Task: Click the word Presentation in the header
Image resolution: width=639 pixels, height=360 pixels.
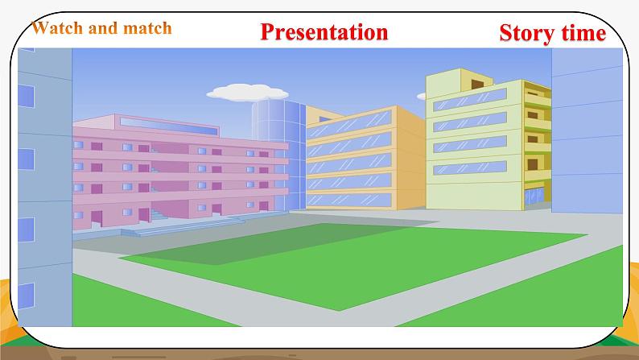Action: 324,31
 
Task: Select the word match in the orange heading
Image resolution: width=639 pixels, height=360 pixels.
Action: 147,28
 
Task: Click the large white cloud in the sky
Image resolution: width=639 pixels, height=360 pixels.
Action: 247,93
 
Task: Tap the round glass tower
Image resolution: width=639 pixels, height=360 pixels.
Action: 278,155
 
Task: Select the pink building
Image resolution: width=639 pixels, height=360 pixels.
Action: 179,172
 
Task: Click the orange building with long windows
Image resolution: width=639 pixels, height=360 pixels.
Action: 365,158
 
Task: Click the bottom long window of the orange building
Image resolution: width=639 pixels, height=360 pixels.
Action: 348,200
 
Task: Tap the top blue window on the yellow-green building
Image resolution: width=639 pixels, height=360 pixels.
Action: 470,100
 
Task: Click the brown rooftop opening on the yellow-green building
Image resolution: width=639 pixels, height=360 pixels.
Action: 477,84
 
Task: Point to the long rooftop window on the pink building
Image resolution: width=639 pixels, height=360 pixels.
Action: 169,126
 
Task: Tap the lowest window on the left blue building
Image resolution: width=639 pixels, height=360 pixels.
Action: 26,296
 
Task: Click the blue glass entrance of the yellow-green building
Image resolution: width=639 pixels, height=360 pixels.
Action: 534,197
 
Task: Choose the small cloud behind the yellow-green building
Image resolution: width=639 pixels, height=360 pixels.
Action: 422,96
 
